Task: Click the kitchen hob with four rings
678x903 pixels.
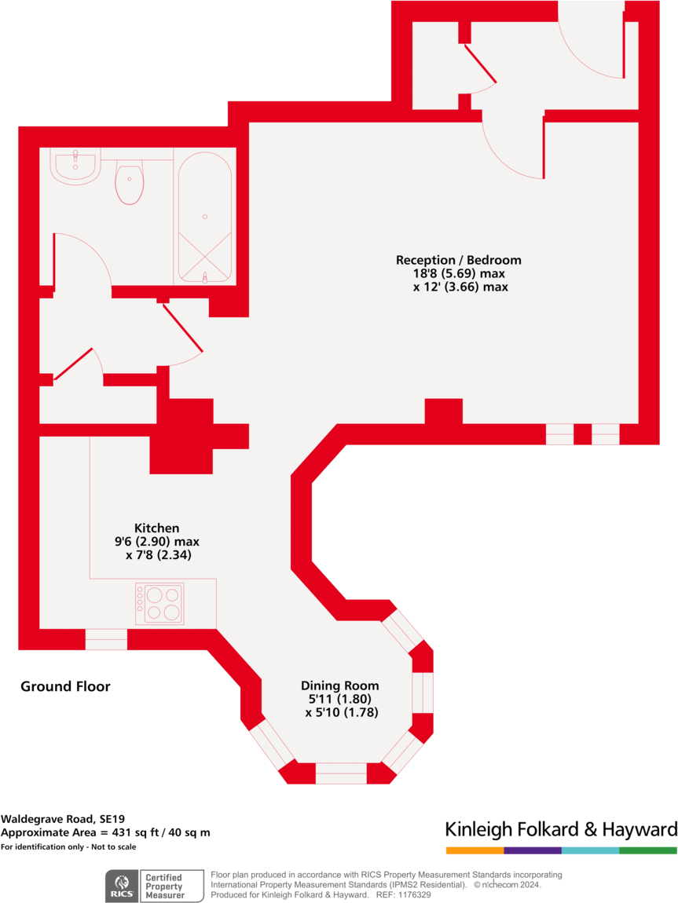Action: click(159, 603)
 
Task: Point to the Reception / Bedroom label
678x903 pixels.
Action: click(458, 260)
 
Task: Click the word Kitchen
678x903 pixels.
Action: click(156, 528)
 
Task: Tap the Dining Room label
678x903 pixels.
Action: click(339, 685)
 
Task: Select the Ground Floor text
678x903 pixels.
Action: click(65, 686)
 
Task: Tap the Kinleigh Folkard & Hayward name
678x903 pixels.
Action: click(561, 829)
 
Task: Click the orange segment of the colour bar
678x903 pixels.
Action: click(475, 850)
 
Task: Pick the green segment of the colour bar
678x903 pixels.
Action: click(647, 850)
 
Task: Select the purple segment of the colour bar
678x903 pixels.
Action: click(532, 850)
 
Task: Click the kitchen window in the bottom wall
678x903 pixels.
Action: click(106, 639)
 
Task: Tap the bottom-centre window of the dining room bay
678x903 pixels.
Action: click(341, 773)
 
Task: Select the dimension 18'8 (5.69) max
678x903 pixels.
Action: click(459, 273)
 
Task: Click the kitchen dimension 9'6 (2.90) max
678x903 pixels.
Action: click(156, 541)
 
